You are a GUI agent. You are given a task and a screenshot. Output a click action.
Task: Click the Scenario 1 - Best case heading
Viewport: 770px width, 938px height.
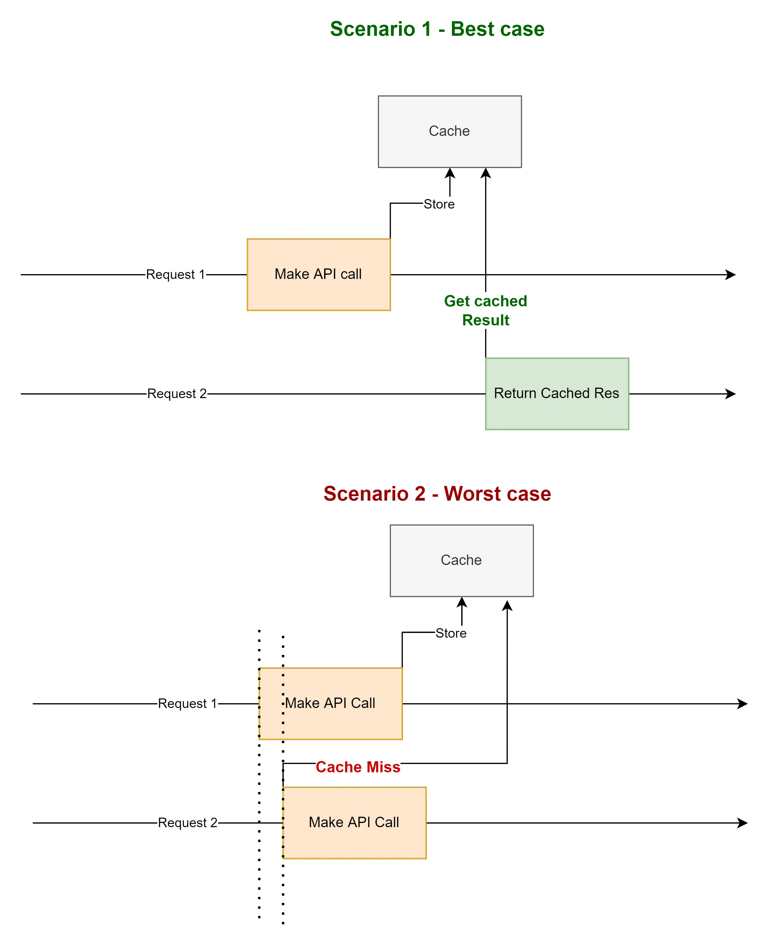[x=437, y=29]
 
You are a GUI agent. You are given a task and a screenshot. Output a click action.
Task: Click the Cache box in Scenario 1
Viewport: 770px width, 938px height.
[x=449, y=132]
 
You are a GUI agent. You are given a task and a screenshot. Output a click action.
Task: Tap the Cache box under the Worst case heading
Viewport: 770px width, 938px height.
[x=461, y=560]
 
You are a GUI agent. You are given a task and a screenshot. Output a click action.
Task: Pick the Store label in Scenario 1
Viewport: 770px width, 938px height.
[x=439, y=204]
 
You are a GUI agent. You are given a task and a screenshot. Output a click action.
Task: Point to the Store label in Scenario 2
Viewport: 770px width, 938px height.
[x=451, y=633]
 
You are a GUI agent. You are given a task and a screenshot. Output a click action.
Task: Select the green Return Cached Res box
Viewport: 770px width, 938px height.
[x=556, y=394]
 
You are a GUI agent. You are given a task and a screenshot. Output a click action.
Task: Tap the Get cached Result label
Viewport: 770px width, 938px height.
[x=486, y=310]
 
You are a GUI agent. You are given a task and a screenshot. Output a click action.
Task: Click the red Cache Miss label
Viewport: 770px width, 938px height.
[x=358, y=767]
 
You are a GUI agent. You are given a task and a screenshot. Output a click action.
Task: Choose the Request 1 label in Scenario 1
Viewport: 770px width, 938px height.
[x=176, y=274]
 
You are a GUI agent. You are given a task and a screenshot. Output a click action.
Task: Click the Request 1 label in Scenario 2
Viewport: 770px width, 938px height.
[x=188, y=703]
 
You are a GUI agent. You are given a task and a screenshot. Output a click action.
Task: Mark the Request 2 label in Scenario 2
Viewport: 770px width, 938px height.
[x=188, y=823]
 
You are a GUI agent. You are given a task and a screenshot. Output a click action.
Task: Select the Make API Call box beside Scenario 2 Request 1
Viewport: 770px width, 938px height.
[x=330, y=704]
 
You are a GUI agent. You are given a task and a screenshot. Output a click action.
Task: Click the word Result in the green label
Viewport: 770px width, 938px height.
[x=486, y=320]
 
